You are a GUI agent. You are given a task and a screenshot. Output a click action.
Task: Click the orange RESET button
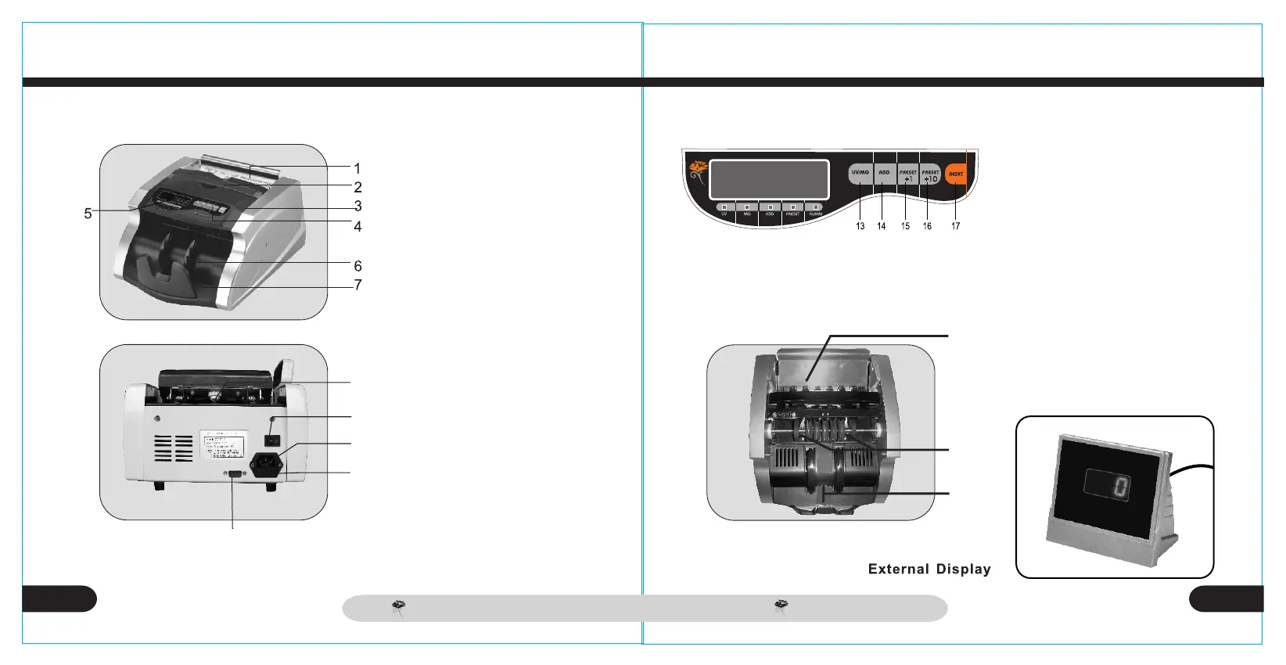click(956, 174)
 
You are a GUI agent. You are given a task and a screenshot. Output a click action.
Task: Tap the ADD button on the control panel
click(884, 174)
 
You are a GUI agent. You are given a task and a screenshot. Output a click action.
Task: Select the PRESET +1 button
click(907, 174)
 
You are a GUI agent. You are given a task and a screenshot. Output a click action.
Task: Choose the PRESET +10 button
click(930, 174)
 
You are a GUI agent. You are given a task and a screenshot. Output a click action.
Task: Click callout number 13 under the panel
click(860, 226)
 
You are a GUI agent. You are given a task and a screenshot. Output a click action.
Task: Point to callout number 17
click(956, 226)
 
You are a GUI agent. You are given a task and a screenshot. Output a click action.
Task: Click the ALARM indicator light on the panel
click(815, 207)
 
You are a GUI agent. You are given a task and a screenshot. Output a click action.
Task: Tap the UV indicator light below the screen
click(724, 207)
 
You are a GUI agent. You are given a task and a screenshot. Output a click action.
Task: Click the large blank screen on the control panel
click(769, 179)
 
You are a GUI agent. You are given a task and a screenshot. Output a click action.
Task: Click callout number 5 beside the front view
click(88, 213)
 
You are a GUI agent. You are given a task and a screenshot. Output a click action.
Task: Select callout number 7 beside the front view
click(357, 285)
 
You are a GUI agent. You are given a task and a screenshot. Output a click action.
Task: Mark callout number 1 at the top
click(357, 168)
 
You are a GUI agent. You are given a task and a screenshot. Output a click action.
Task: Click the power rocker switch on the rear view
click(273, 440)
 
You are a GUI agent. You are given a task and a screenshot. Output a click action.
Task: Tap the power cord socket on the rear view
click(265, 464)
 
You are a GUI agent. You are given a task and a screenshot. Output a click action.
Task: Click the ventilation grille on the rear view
click(173, 448)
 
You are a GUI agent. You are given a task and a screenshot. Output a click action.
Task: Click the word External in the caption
click(899, 570)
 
